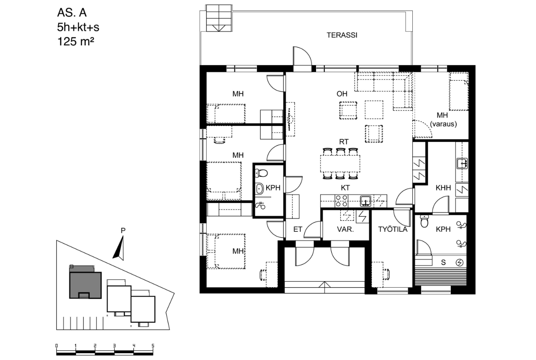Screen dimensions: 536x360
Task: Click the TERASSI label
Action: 342,35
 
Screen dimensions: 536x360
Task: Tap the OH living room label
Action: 342,94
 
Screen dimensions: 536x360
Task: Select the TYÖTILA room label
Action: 393,229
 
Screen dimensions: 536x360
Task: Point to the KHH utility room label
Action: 443,188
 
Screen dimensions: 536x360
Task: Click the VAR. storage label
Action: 345,229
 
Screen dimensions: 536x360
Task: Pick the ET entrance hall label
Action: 298,229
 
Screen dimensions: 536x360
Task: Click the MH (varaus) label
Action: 443,120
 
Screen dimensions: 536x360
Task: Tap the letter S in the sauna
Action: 443,262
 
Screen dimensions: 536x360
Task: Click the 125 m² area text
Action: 76,42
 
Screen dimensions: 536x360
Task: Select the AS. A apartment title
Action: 72,13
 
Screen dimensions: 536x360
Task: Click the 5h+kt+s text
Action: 78,27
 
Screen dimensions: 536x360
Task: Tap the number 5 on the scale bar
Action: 153,346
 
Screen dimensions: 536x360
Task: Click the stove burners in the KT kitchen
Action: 341,201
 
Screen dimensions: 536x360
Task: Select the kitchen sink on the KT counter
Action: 366,201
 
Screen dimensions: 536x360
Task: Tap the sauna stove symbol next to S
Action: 460,262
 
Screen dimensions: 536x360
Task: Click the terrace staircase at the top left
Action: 219,18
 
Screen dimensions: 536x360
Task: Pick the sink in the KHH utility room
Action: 462,164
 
